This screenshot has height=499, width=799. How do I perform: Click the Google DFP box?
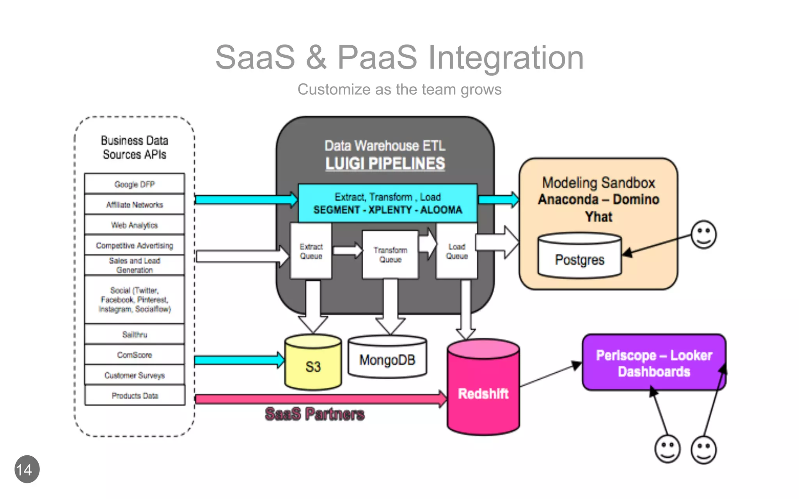pos(134,184)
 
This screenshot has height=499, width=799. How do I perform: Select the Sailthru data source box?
pos(134,334)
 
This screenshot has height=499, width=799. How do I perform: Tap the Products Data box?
pos(135,395)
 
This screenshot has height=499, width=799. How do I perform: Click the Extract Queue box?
pos(311,251)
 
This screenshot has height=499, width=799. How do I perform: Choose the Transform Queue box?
pos(390,255)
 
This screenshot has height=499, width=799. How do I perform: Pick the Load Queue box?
pos(456,251)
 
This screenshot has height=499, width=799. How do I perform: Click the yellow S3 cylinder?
pos(313,365)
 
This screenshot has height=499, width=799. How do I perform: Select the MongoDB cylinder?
pos(387,359)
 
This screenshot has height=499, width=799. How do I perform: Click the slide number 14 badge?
pos(27,469)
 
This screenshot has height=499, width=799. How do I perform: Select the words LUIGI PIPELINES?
pos(385,163)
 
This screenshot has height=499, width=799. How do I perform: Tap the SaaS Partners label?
pos(314,414)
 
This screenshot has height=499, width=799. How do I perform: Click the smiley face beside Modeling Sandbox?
pos(703,235)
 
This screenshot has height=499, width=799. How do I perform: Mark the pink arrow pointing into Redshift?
pos(320,399)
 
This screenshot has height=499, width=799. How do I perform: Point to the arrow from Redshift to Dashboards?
pos(550,375)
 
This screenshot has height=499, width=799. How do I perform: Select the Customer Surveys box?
pos(134,375)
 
